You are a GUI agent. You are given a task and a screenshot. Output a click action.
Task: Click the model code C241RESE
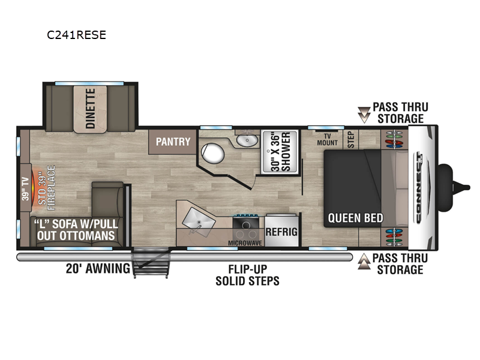76,35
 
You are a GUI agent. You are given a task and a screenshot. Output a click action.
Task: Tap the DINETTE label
90,109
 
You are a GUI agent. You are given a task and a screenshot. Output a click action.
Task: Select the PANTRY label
173,142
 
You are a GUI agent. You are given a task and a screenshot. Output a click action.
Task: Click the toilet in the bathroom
211,154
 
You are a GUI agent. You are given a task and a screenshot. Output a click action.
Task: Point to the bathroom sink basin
246,141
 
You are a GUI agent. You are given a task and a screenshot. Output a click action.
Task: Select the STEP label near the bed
352,140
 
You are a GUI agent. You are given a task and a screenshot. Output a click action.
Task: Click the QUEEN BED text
355,218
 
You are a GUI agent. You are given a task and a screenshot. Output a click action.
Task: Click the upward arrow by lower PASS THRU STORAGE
364,262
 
